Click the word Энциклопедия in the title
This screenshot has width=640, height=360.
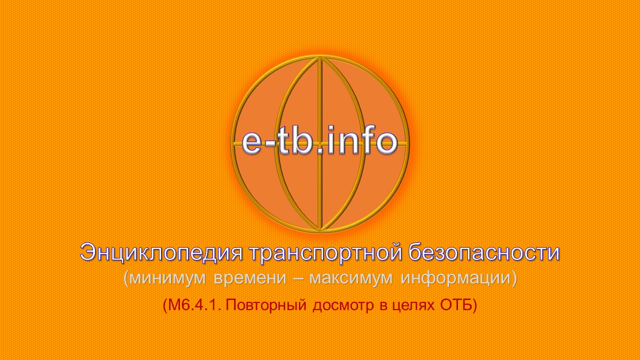coord(161,253)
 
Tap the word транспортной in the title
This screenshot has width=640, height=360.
coord(325,253)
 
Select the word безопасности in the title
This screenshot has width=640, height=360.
coord(484,253)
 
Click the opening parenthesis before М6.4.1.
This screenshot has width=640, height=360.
coord(165,305)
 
